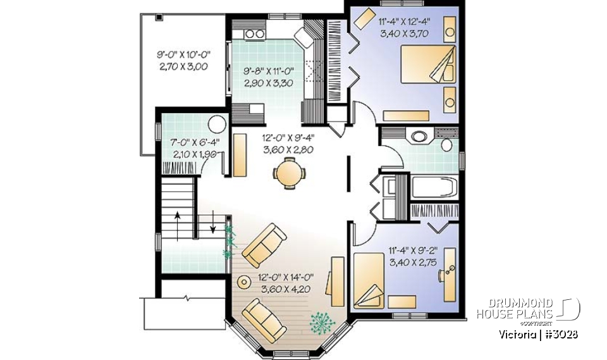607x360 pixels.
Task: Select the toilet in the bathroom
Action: (x=446, y=144)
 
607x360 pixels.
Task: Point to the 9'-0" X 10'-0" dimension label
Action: (x=183, y=55)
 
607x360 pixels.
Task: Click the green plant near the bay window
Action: (x=322, y=322)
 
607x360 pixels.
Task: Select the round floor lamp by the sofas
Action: (x=242, y=280)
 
